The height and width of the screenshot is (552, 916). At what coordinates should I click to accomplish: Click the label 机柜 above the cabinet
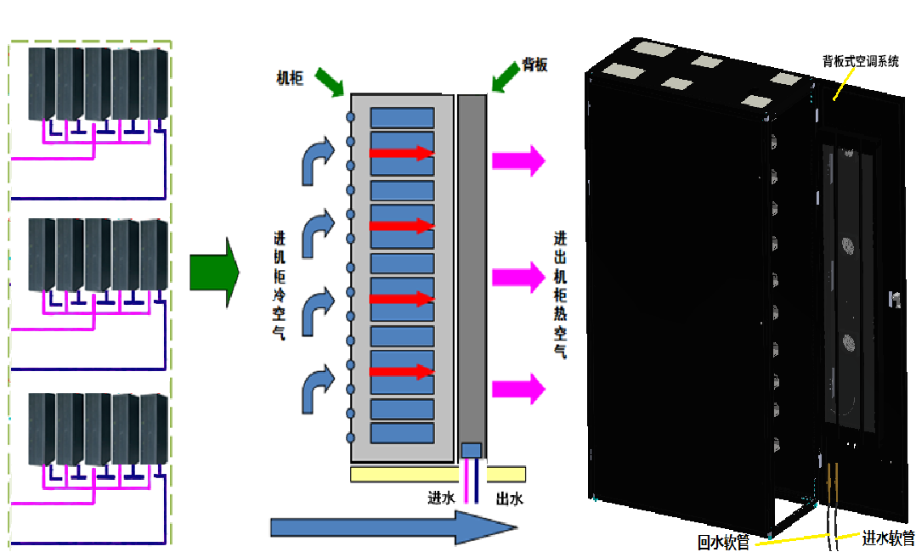[289, 77]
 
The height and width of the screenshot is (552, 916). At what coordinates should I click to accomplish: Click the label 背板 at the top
[534, 65]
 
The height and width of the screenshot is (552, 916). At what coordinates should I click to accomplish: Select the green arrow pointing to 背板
[508, 76]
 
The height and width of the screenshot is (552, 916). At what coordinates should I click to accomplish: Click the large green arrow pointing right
[214, 273]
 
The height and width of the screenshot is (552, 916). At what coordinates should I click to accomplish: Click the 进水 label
[441, 498]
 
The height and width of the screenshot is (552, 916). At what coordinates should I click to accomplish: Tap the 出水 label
[509, 498]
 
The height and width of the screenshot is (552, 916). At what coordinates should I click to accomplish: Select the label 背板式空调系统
[859, 61]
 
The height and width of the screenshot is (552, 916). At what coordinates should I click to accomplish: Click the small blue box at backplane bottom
[471, 449]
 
